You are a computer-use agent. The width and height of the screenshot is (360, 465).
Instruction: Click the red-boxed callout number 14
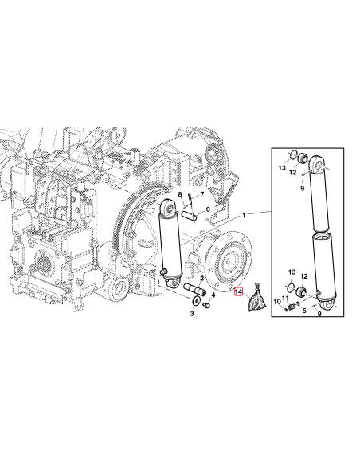click(237, 293)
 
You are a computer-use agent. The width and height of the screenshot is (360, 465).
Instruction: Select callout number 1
click(245, 215)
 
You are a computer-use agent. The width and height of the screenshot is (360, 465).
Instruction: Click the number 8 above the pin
click(180, 195)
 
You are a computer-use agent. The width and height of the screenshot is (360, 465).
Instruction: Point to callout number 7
click(202, 195)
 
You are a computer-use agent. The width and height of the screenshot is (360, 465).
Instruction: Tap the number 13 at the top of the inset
click(281, 169)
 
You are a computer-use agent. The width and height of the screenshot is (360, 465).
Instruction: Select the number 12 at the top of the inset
click(293, 173)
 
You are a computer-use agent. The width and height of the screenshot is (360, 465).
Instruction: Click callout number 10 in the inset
click(276, 302)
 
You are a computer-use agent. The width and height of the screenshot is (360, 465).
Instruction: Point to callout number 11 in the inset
click(286, 297)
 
